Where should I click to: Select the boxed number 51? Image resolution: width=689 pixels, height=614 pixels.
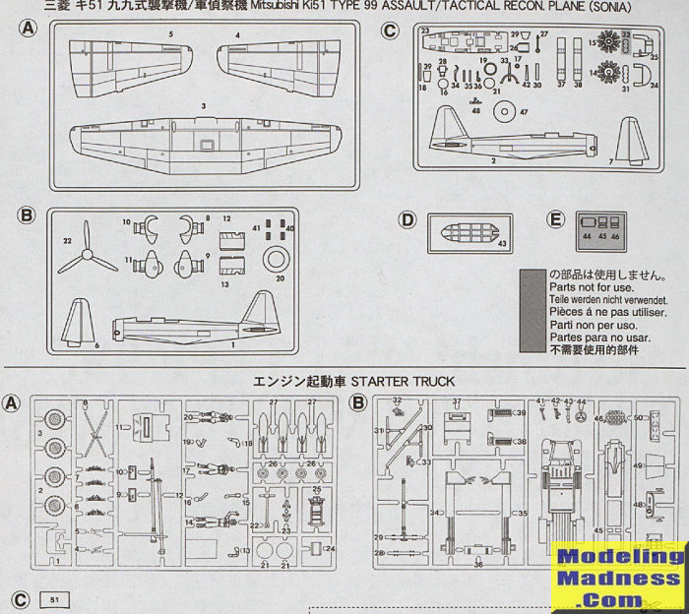[51, 598]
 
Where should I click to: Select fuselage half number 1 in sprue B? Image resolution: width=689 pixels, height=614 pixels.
[197, 329]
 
